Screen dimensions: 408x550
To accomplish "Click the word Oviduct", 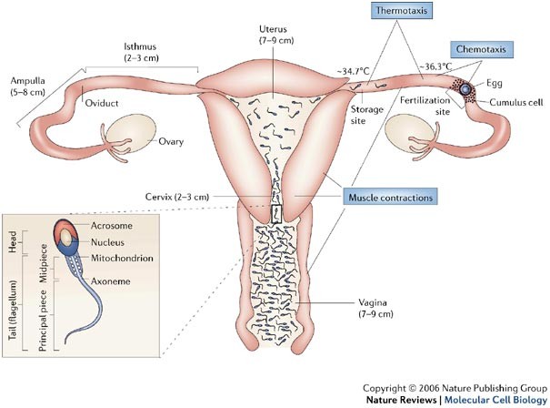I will coord(103,103).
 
